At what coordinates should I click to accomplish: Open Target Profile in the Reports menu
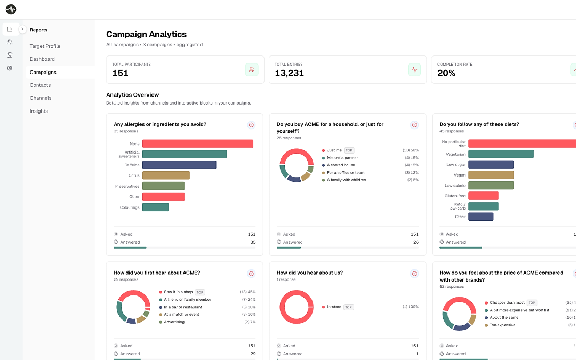tap(45, 46)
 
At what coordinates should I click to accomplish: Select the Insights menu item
tap(39, 111)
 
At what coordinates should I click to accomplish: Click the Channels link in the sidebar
tap(41, 98)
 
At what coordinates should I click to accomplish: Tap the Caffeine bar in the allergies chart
tap(179, 165)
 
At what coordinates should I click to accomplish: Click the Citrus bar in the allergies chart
tap(166, 175)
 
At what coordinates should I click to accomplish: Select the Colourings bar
tap(155, 207)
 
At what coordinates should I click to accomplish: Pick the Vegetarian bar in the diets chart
tap(501, 154)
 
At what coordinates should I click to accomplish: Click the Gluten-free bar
tap(483, 196)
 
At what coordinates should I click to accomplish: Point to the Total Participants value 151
tap(121, 73)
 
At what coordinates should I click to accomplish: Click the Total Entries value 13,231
tap(290, 73)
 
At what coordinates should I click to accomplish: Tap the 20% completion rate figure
tap(446, 73)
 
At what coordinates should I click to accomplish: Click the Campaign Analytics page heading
tap(147, 34)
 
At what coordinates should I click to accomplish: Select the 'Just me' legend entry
tap(334, 150)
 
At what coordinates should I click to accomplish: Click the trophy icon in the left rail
tap(10, 55)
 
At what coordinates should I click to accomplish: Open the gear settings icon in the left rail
tap(10, 68)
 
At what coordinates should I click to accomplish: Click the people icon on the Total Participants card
tap(252, 70)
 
